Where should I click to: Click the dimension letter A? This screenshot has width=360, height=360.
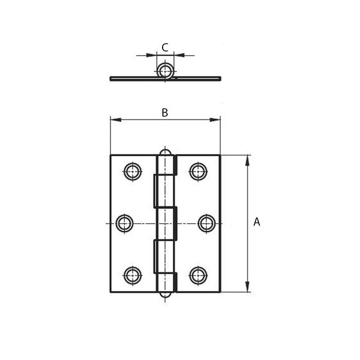(257, 222)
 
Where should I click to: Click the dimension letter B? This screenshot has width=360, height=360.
(165, 113)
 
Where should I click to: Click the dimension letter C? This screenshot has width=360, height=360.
(165, 47)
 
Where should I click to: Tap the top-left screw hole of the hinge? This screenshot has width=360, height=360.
(133, 172)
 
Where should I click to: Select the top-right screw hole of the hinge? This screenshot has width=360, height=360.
(198, 172)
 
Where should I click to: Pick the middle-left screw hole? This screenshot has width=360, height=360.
(124, 223)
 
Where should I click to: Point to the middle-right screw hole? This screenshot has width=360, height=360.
(206, 223)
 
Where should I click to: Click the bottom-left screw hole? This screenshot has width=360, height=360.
(133, 275)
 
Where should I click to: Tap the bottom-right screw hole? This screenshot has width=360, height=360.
(198, 275)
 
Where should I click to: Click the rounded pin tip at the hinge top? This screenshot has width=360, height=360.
(165, 152)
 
